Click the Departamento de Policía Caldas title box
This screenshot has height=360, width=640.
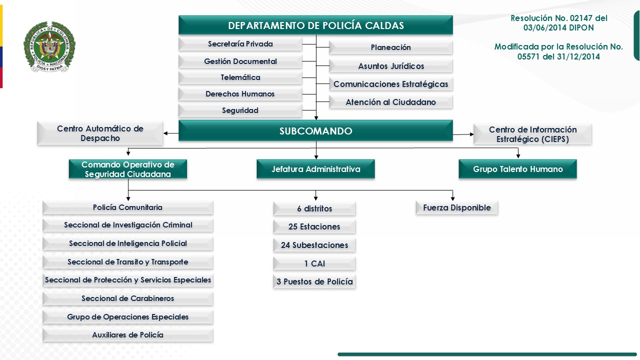[x=315, y=25]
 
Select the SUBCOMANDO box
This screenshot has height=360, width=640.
[x=315, y=131]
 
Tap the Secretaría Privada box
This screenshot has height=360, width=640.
[x=240, y=44]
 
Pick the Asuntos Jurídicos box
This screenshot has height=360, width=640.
[x=391, y=66]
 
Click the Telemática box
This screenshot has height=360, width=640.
[x=240, y=77]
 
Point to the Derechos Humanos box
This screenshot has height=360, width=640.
[x=240, y=94]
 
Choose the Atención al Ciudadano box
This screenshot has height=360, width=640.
[x=391, y=102]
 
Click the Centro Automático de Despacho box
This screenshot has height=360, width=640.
[x=100, y=133]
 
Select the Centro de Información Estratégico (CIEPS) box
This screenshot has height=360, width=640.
[x=532, y=134]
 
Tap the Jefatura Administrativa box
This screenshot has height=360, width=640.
[x=315, y=169]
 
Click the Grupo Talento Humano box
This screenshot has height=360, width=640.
[x=517, y=169]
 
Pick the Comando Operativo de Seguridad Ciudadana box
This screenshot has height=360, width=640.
[x=127, y=169]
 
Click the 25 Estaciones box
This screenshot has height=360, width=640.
[x=314, y=226]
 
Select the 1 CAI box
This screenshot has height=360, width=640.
[x=314, y=263]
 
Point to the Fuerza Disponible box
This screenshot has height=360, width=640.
[x=457, y=207]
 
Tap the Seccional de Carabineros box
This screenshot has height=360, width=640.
[x=128, y=298]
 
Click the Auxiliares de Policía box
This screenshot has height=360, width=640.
[x=128, y=335]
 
